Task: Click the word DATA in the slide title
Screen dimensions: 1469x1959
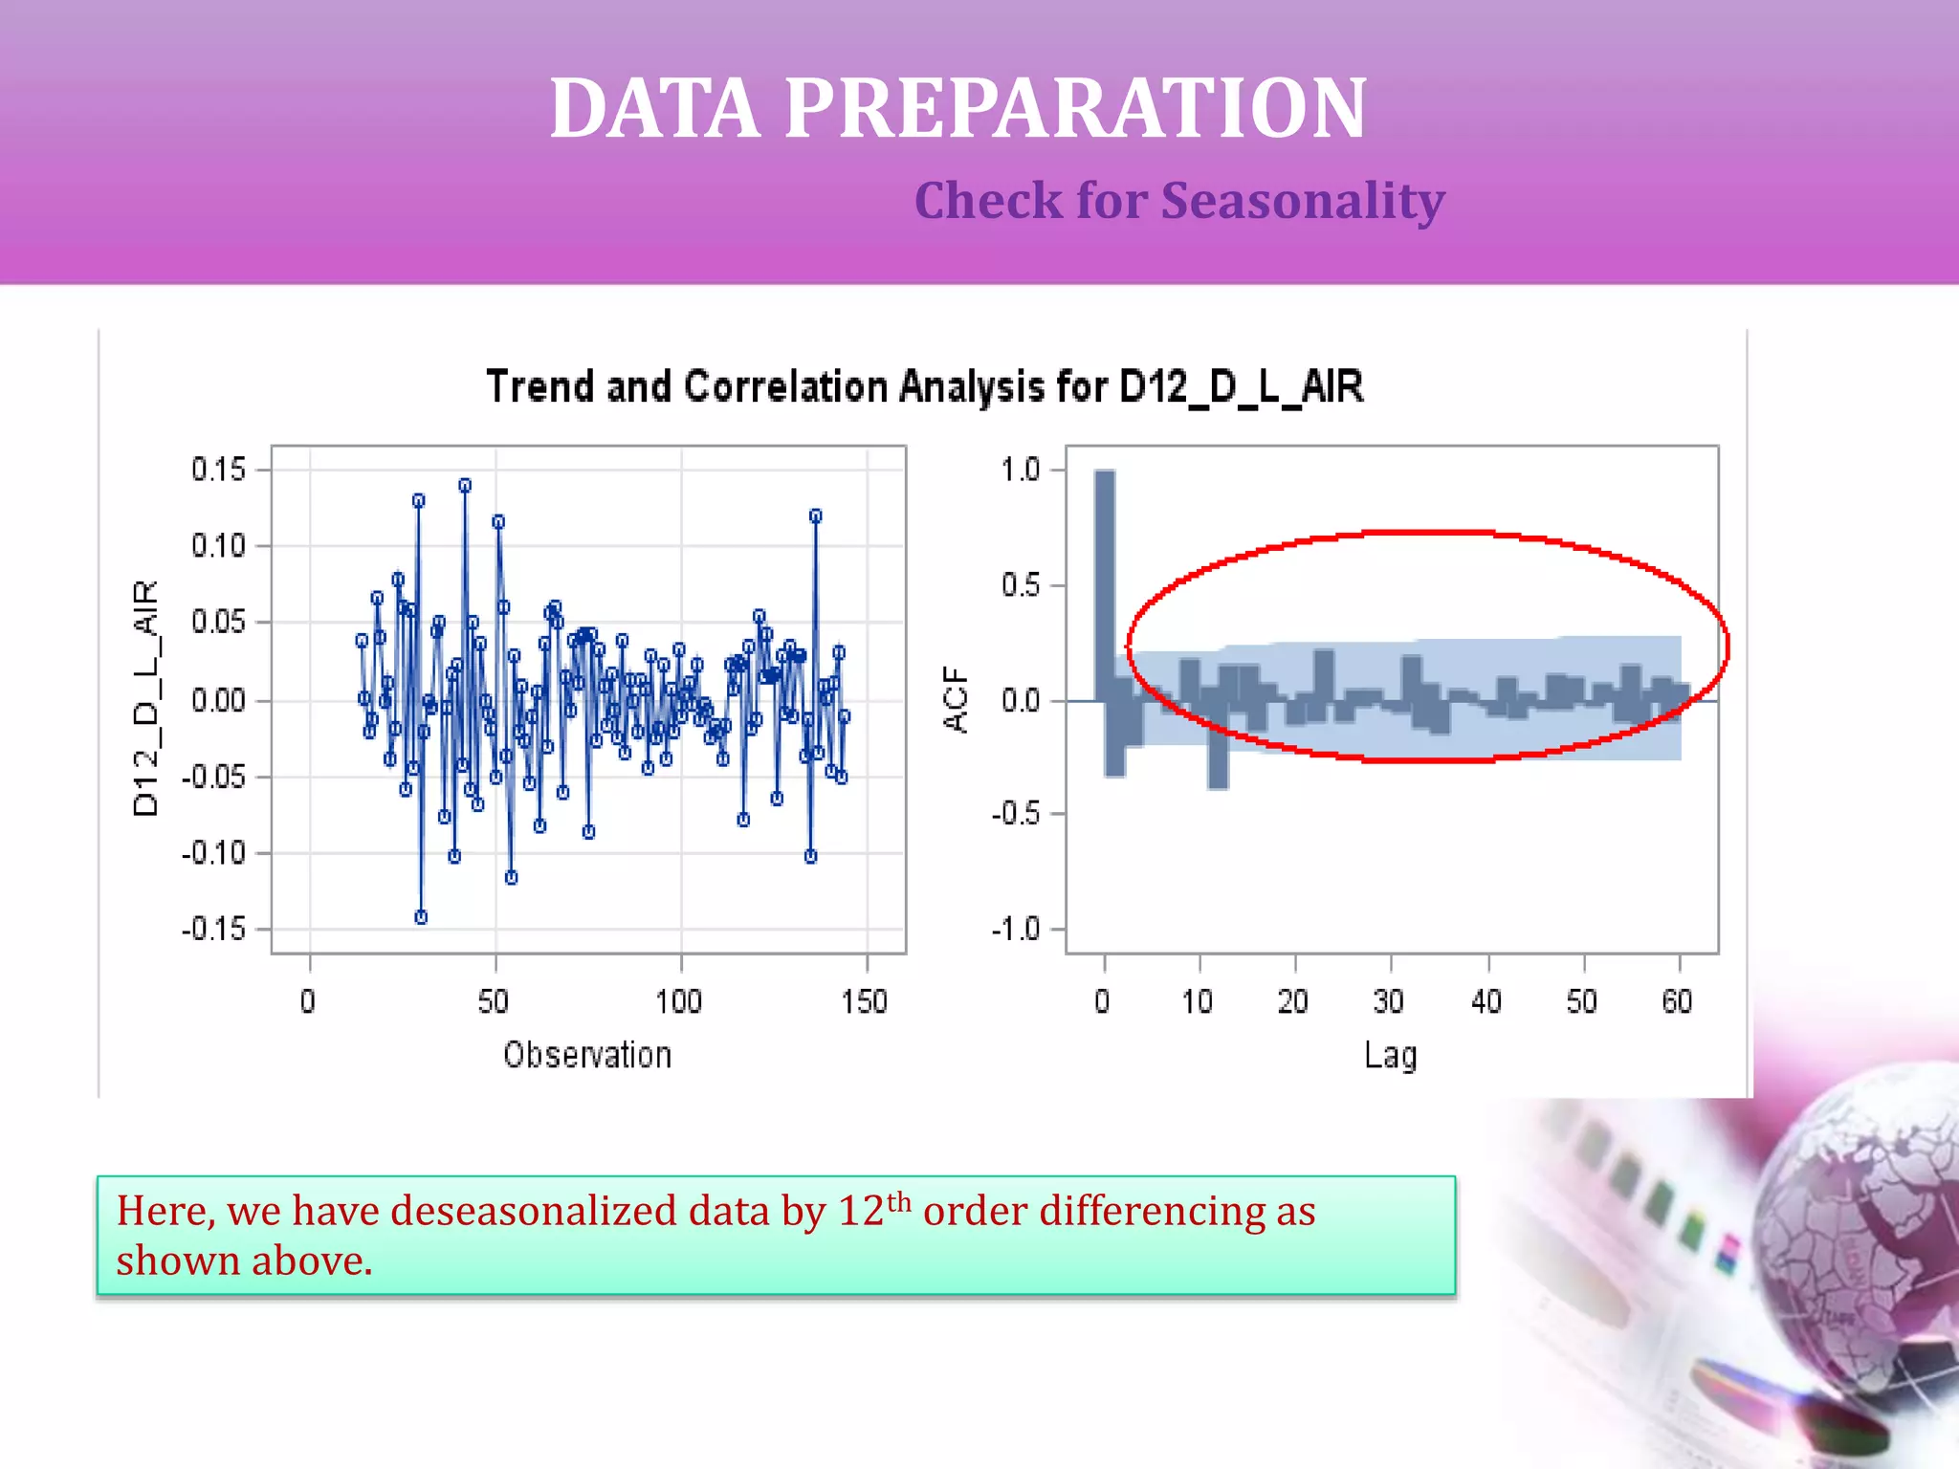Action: (x=655, y=109)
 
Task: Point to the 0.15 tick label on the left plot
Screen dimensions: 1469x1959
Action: (x=218, y=470)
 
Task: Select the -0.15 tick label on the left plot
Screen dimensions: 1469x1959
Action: (x=214, y=929)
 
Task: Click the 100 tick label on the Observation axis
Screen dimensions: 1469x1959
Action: (x=679, y=1001)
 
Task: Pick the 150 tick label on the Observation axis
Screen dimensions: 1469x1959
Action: (x=865, y=1001)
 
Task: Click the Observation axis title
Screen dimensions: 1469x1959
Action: (x=587, y=1055)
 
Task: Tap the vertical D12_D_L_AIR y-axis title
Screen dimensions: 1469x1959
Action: (x=145, y=698)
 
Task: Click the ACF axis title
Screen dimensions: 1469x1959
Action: (x=956, y=699)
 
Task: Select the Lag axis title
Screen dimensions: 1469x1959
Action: (x=1391, y=1056)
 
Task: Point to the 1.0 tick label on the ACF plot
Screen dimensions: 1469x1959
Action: (x=1020, y=470)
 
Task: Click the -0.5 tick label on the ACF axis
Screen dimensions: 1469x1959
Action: (x=1016, y=814)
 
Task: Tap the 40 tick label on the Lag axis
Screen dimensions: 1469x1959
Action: (x=1486, y=1001)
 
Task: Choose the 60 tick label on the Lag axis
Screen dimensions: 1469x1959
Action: (x=1677, y=1001)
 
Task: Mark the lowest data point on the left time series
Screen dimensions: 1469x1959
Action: (x=421, y=917)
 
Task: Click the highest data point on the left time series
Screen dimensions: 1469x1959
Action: (x=465, y=486)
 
